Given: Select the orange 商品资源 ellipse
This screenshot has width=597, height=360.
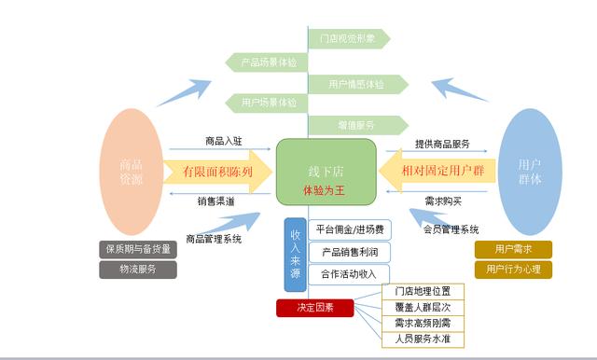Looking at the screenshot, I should (x=132, y=172).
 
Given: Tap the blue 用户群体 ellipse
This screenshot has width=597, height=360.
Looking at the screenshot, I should (x=530, y=172).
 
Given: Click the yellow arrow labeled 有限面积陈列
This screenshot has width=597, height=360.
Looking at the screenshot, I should (x=216, y=173).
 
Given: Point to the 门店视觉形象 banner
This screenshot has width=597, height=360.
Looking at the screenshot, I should (x=348, y=39).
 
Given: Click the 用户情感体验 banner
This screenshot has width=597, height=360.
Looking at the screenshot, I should (x=357, y=85).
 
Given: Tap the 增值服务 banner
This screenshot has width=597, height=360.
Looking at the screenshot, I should (x=357, y=124).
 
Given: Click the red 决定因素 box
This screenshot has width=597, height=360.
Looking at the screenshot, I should (x=315, y=308).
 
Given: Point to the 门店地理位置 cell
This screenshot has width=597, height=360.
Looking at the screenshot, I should (x=423, y=291).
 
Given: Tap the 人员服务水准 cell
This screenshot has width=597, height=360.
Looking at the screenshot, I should (x=423, y=339).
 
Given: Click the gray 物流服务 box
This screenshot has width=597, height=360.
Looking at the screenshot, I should (x=136, y=269).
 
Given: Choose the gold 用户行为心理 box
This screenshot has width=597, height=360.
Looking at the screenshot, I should (x=513, y=270).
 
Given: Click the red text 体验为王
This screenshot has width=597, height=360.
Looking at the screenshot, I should (x=325, y=189).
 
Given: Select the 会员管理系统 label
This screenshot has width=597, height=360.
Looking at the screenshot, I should (x=451, y=229).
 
